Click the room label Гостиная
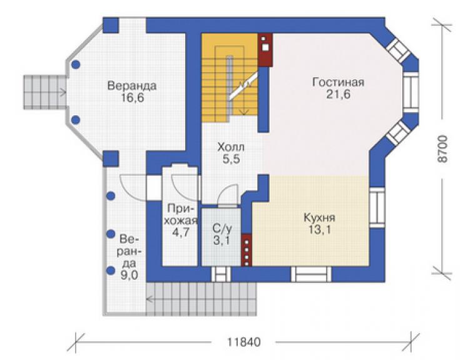(x=338, y=82)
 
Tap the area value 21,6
(x=338, y=95)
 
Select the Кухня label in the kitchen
(x=320, y=218)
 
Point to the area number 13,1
(x=320, y=230)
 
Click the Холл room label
(x=231, y=147)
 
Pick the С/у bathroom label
(x=222, y=229)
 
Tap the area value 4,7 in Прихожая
(x=181, y=233)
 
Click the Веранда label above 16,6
(x=131, y=86)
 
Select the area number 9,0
(x=129, y=275)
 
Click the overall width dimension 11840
(x=243, y=342)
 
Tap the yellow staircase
(x=230, y=78)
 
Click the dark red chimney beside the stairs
(x=265, y=50)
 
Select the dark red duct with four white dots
(x=247, y=250)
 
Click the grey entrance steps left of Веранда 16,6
(x=45, y=92)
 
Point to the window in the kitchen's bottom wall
(x=311, y=274)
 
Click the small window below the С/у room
(x=221, y=274)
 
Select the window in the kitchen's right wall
(x=377, y=207)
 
